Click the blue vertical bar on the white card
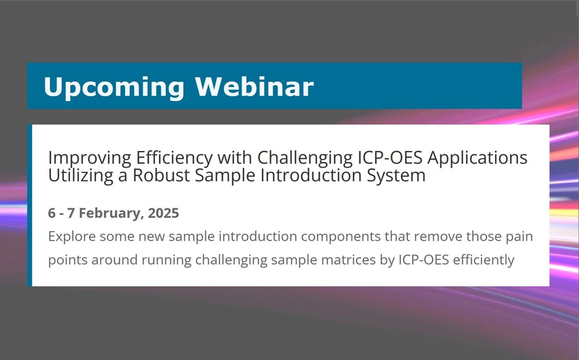click(30, 205)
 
